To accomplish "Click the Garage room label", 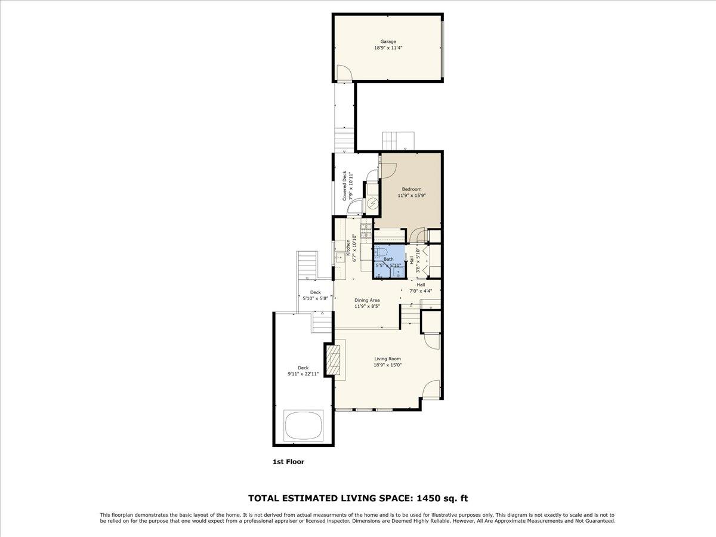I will point(388,42).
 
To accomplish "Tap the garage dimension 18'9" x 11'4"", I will point(388,48).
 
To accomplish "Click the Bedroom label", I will point(411,189).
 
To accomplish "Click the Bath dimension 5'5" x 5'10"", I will point(388,265).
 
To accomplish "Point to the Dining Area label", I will point(367,300).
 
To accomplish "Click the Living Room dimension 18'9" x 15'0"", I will point(387,365).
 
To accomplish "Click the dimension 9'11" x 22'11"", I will point(303,374).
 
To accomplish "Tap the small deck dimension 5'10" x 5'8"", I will point(315,298).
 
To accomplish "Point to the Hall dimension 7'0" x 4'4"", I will point(421,291).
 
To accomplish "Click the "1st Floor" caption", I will point(288,461).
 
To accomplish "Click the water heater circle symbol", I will point(372,204).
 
